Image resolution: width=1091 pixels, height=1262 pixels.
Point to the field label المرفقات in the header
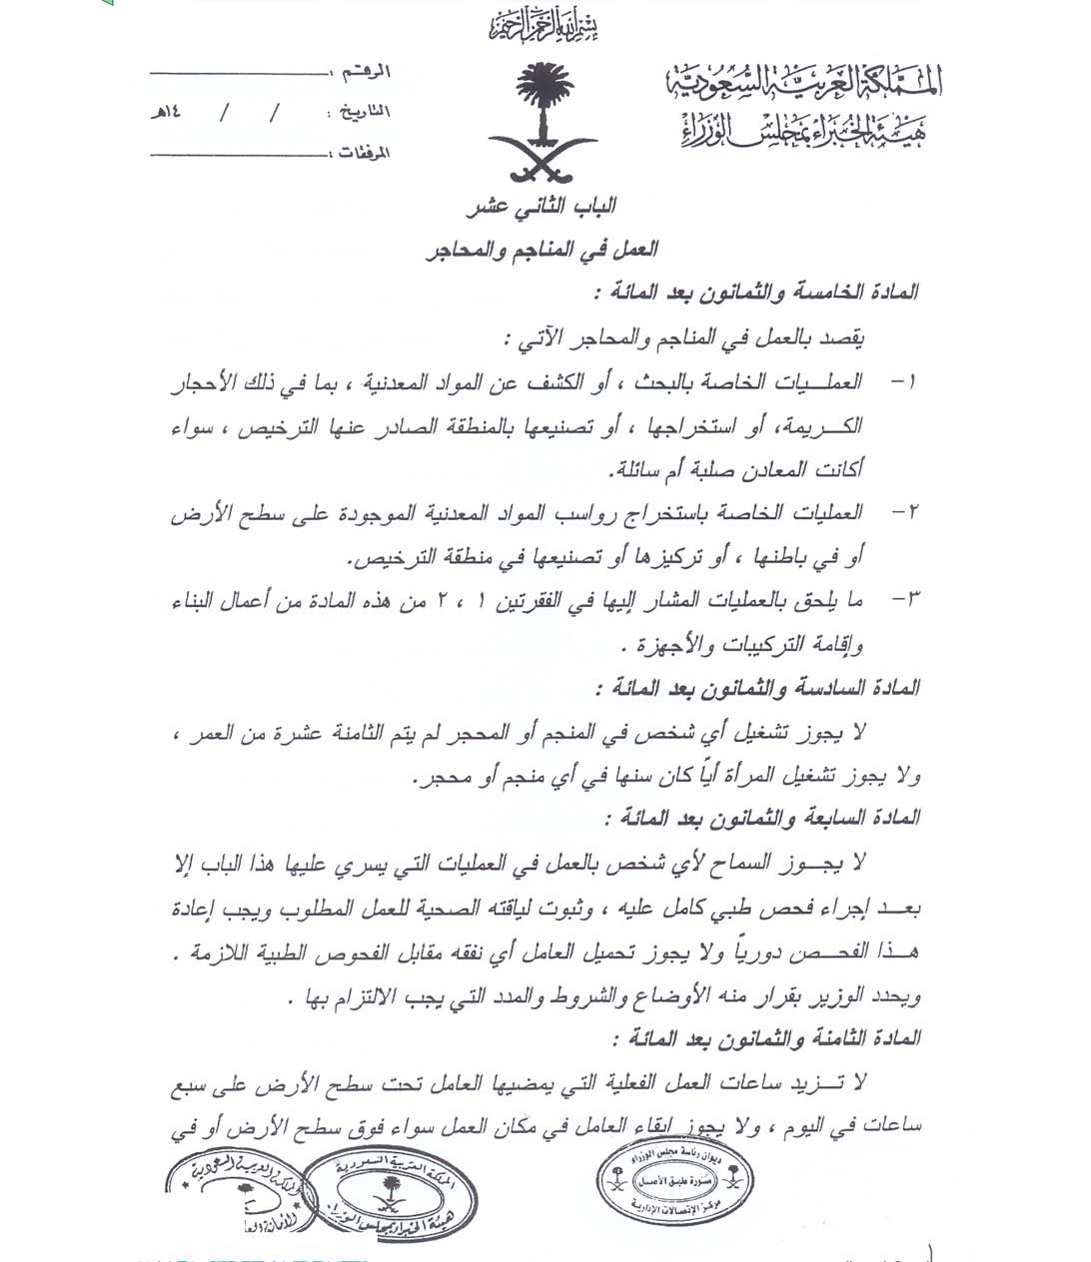pos(359,153)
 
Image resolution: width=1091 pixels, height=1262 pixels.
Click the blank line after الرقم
pos(240,74)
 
